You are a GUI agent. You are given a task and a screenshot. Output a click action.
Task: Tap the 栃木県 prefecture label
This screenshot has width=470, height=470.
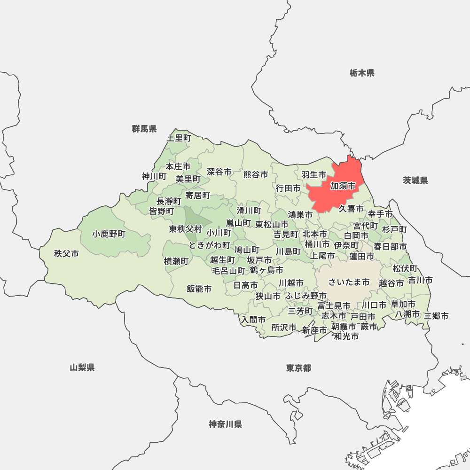tap(362, 73)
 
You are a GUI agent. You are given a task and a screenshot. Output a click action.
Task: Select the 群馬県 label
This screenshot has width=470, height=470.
tap(144, 129)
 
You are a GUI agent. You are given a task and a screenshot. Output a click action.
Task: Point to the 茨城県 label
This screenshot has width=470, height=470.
tap(415, 180)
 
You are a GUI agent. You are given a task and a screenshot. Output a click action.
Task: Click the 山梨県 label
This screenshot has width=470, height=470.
tap(82, 368)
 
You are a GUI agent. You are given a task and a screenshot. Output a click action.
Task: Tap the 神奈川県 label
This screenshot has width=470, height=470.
tap(226, 424)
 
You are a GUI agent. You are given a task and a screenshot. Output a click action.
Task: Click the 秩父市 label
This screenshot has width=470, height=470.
tap(66, 254)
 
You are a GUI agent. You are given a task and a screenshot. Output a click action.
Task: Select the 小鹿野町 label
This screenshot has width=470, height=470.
tap(109, 234)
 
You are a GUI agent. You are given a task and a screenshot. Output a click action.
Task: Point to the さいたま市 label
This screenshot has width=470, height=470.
tap(349, 282)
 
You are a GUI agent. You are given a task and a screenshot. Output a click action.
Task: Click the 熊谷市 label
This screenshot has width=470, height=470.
tap(256, 174)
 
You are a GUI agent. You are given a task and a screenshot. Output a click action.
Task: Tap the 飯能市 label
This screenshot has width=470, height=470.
tap(199, 289)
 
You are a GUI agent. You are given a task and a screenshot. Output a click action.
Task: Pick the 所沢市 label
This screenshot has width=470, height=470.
tap(284, 328)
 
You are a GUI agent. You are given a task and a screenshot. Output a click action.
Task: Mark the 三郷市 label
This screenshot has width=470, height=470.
tap(436, 316)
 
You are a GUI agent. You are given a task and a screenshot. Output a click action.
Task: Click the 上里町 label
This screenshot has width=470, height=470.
tap(179, 138)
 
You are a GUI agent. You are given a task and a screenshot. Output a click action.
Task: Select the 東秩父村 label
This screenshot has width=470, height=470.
tap(186, 229)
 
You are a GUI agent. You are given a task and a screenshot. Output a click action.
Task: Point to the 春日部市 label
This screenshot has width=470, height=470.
tap(390, 246)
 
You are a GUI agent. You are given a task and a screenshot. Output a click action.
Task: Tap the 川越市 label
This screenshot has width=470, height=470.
tap(291, 283)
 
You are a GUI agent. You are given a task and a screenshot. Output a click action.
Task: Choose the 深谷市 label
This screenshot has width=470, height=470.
tap(219, 172)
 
